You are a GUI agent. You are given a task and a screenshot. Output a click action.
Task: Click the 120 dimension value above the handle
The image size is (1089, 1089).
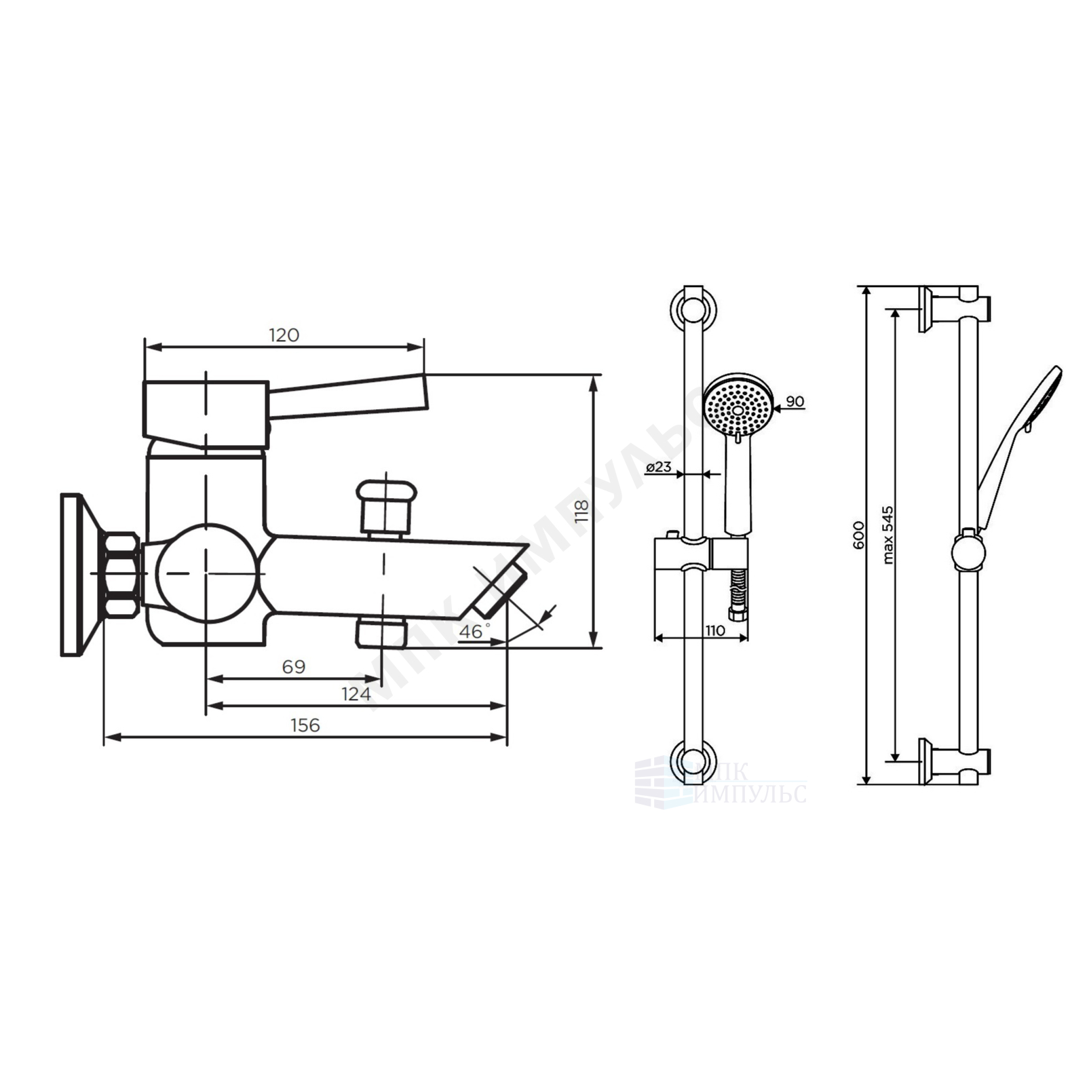(x=284, y=335)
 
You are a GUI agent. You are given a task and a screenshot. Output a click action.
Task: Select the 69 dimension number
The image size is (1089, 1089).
(x=294, y=667)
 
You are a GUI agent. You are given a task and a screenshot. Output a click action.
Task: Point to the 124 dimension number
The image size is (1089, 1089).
(x=356, y=694)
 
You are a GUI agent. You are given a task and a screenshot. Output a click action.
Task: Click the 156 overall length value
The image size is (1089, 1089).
(x=305, y=725)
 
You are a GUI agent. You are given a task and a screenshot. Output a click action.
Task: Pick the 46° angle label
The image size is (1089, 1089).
(x=474, y=631)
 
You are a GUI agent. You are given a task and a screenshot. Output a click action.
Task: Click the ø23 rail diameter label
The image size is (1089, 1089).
(x=659, y=467)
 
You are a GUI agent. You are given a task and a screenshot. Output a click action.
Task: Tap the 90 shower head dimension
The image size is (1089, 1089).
(x=795, y=401)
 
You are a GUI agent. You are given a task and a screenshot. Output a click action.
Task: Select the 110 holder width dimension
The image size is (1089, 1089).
(x=714, y=630)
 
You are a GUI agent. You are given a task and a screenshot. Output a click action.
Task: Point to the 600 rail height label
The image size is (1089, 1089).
(x=858, y=535)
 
